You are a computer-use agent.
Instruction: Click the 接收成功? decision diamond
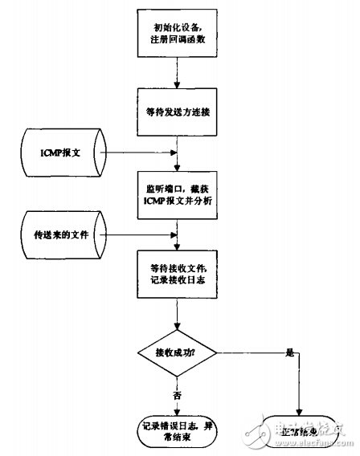pos(178,351)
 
